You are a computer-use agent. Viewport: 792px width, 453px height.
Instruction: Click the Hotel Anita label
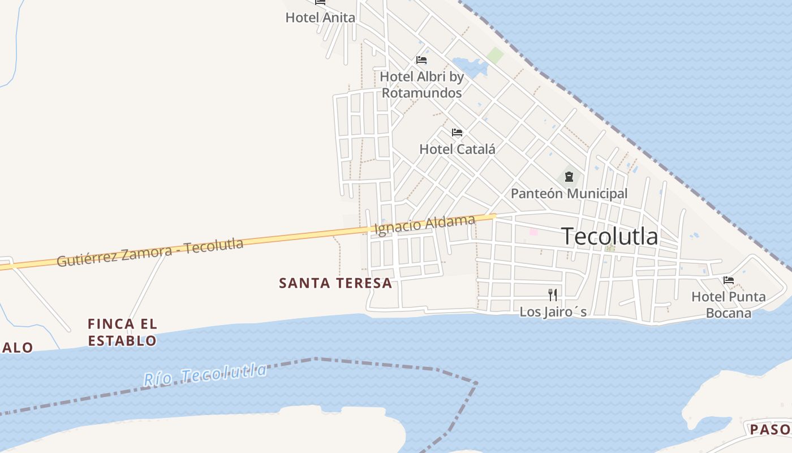[320, 18]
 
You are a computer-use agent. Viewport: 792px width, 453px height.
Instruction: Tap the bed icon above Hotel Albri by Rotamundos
[421, 60]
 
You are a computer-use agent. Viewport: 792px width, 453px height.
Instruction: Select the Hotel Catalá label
[457, 149]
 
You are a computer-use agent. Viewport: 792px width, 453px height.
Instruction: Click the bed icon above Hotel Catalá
[457, 133]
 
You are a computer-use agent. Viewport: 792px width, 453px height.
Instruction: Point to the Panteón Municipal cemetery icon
[569, 176]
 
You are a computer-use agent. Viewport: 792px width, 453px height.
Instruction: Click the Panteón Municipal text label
[569, 194]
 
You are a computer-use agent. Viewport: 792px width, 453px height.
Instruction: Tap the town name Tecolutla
[610, 237]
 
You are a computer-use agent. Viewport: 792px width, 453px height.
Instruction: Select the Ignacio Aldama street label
[424, 225]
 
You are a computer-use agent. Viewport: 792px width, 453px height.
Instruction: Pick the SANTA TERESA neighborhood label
[335, 283]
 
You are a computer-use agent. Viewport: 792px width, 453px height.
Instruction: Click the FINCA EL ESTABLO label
[122, 332]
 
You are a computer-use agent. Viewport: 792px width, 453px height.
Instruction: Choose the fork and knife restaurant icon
[553, 294]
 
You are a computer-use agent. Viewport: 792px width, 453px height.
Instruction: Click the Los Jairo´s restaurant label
[553, 312]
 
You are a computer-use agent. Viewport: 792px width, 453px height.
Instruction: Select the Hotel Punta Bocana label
[729, 305]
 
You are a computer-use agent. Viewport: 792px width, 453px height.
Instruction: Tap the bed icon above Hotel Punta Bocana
[729, 280]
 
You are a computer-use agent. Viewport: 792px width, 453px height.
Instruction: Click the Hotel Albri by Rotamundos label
[421, 84]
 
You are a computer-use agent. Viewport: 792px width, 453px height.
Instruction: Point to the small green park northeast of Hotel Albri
[495, 55]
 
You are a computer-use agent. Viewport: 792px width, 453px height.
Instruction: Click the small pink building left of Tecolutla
[533, 232]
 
